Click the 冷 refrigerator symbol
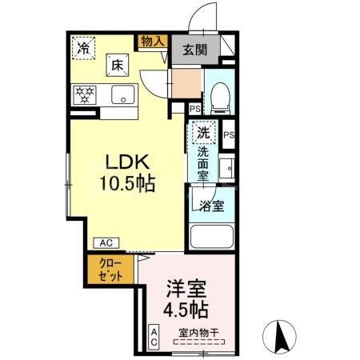coord(83,48)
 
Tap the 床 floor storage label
coord(116,64)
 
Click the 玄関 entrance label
coord(194,50)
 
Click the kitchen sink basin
coord(123,98)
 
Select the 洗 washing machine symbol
coord(204,131)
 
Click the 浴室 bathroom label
coord(213,205)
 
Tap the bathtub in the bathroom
coord(213,238)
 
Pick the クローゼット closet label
coord(111,270)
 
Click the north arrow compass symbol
coord(280,334)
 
